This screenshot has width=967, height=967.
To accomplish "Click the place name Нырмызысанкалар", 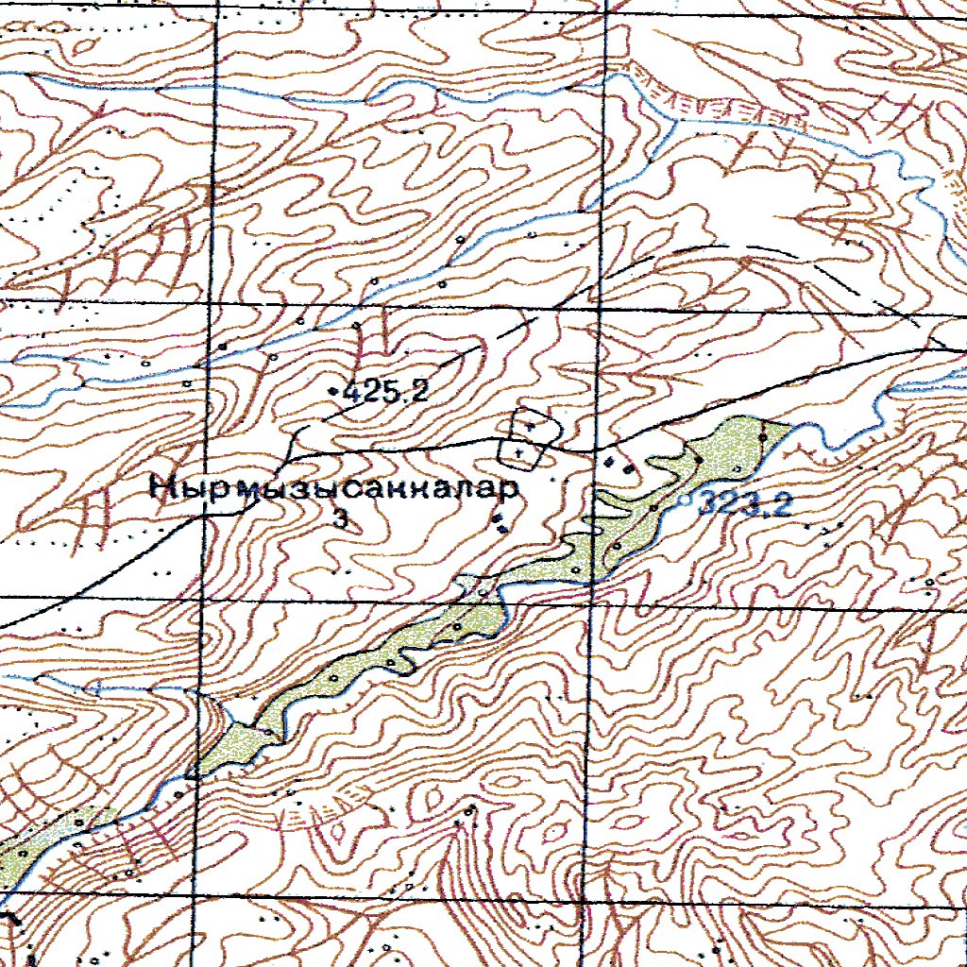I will tap(334, 489).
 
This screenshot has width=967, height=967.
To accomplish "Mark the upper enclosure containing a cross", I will tap(531, 425).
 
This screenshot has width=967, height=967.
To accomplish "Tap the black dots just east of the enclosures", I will tap(619, 464).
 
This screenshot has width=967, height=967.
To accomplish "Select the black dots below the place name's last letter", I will tap(499, 522).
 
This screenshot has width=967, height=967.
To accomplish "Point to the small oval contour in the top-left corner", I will tap(85, 43).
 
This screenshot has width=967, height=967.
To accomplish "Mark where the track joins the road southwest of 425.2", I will tap(300, 433).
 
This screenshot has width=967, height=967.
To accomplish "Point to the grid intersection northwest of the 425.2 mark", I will tap(212, 304).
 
